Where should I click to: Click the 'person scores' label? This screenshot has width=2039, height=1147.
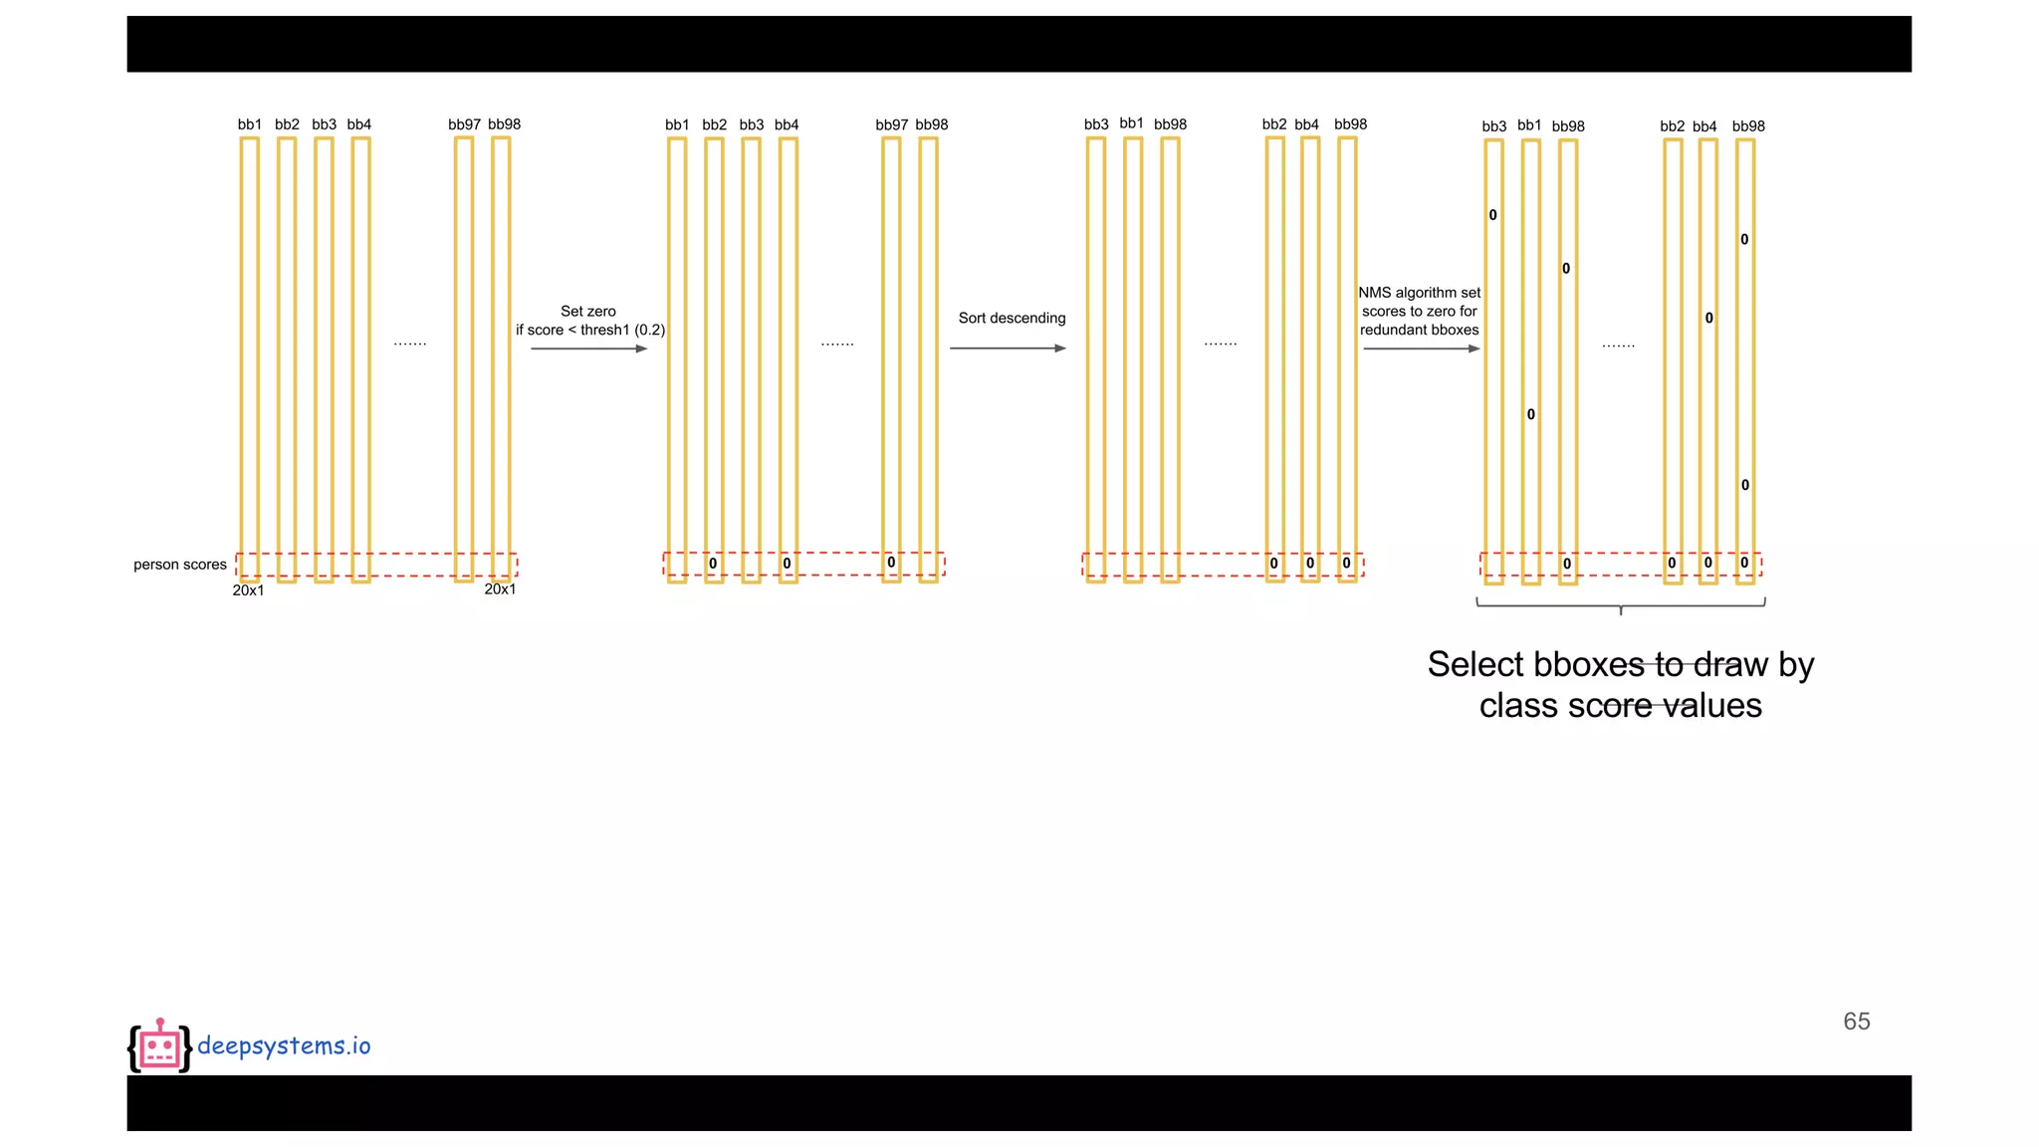click(180, 565)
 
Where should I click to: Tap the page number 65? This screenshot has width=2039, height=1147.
click(1856, 1022)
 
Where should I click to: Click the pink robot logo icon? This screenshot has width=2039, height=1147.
click(159, 1046)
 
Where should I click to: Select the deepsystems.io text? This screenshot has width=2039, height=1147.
click(284, 1045)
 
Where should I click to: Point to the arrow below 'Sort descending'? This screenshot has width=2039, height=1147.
click(1008, 348)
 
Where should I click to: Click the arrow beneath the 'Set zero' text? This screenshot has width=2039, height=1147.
click(588, 348)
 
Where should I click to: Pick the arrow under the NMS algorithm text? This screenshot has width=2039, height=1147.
click(1421, 348)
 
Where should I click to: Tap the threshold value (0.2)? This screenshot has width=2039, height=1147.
click(649, 331)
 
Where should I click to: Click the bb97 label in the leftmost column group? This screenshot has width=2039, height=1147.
click(464, 124)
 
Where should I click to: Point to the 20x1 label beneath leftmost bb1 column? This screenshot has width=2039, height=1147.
click(249, 590)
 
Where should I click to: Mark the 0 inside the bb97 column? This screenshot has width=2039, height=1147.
click(891, 563)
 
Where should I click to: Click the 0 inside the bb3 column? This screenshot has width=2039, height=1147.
click(1492, 215)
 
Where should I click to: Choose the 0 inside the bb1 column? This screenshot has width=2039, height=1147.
click(1531, 414)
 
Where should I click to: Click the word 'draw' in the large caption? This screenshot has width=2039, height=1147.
click(1730, 664)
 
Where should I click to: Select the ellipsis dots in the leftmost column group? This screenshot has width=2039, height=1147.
click(410, 344)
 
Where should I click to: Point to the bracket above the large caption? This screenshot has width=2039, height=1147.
click(1621, 603)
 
